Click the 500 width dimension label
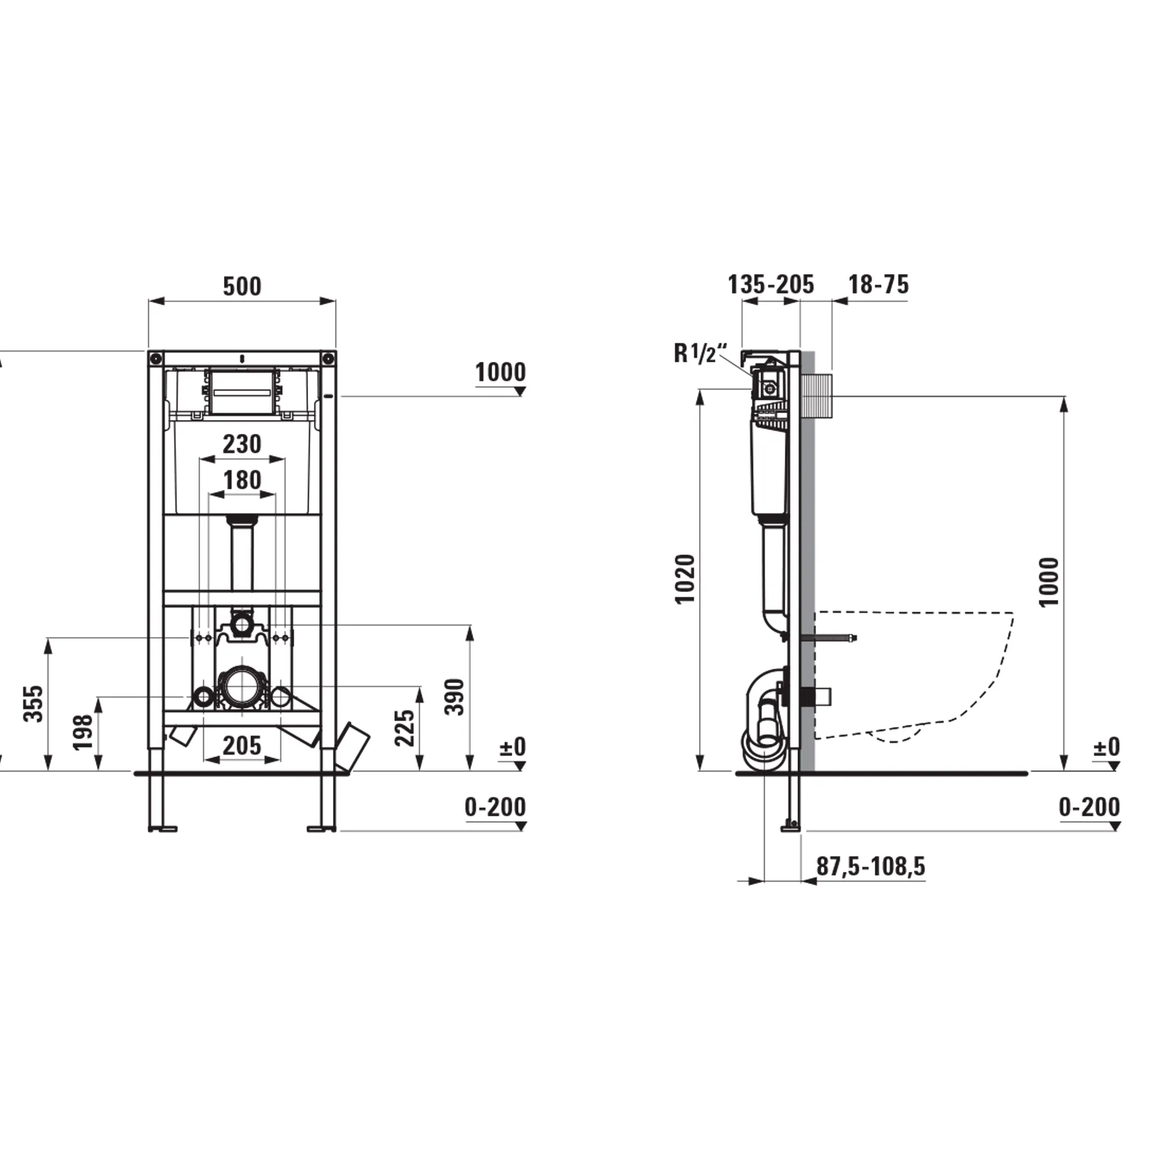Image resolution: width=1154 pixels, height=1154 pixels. [x=242, y=287]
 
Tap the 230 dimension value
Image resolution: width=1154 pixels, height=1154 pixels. [x=242, y=444]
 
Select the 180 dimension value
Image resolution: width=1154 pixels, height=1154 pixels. [x=242, y=480]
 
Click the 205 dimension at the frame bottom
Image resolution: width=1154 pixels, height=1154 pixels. [x=242, y=745]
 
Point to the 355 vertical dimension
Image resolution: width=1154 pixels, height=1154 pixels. [x=34, y=703]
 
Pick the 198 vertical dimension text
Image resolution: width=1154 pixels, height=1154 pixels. [x=83, y=732]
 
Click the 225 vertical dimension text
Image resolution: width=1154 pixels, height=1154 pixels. [x=405, y=728]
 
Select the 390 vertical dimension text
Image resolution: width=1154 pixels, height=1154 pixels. [x=455, y=696]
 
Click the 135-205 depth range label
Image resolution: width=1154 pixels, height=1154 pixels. [x=770, y=285]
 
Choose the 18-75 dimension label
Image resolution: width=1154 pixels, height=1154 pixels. [x=879, y=285]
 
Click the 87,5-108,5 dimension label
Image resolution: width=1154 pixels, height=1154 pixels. [x=870, y=866]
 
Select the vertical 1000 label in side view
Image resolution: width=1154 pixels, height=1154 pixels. [x=1049, y=582]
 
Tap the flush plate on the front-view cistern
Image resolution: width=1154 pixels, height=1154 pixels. [x=242, y=391]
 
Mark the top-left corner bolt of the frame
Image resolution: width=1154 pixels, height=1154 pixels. [x=156, y=358]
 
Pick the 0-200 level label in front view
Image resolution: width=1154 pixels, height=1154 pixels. [x=495, y=808]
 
